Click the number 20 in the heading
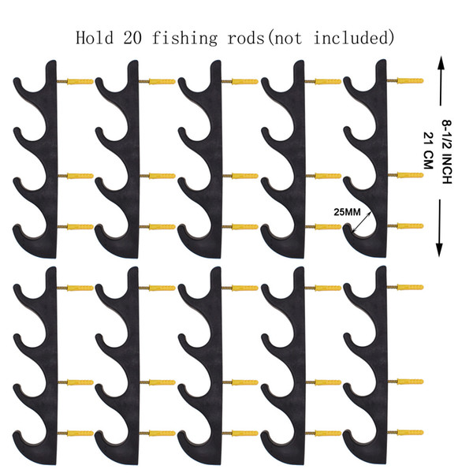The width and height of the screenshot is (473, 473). [x=132, y=38]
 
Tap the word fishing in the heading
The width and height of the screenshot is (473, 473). [x=184, y=39]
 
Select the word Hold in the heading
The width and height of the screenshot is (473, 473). [x=95, y=38]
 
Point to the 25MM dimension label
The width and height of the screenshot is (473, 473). [x=347, y=212]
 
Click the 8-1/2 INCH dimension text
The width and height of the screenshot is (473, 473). [x=447, y=151]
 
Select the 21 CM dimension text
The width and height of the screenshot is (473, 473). [x=429, y=151]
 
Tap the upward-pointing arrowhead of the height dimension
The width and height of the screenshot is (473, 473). [x=441, y=63]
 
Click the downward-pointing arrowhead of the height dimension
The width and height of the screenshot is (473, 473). [x=440, y=250]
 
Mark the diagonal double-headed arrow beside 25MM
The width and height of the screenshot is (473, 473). [x=362, y=222]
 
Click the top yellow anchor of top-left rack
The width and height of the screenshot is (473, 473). [x=80, y=82]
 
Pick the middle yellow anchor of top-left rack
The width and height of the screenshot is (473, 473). [x=80, y=176]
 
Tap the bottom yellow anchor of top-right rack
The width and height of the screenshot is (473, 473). [x=410, y=226]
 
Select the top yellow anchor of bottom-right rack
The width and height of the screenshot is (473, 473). [x=410, y=287]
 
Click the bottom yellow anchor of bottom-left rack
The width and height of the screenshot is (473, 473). [x=80, y=434]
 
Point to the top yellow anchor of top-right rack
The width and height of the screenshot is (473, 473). [x=410, y=80]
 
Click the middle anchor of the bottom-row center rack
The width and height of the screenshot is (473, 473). [x=244, y=382]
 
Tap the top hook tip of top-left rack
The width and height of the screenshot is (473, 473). [x=17, y=81]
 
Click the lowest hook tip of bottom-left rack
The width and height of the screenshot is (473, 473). [x=17, y=434]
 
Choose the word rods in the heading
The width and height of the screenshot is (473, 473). [x=246, y=38]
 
